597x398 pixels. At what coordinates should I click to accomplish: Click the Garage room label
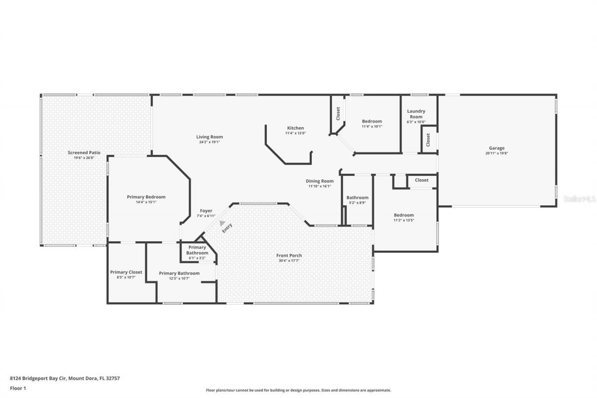pyautogui.click(x=496, y=148)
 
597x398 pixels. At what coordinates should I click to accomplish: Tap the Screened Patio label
pyautogui.click(x=84, y=153)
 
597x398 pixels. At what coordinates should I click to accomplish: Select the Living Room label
pyautogui.click(x=209, y=137)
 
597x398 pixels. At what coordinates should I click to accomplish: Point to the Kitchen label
pyautogui.click(x=295, y=128)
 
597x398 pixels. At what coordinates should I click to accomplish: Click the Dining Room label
pyautogui.click(x=319, y=181)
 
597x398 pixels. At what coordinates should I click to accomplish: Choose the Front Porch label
pyautogui.click(x=289, y=255)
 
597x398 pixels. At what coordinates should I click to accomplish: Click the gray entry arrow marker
pyautogui.click(x=222, y=223)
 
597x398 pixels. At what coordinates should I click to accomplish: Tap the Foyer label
pyautogui.click(x=206, y=211)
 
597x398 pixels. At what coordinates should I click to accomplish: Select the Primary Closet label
pyautogui.click(x=126, y=272)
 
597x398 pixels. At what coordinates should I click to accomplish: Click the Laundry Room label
pyautogui.click(x=416, y=114)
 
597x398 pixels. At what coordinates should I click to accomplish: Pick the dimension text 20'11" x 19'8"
pyautogui.click(x=496, y=154)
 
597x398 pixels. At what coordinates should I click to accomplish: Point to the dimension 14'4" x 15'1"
pyautogui.click(x=146, y=202)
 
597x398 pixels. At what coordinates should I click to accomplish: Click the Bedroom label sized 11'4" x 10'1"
pyautogui.click(x=372, y=121)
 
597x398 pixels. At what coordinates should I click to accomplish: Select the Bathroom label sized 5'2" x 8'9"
pyautogui.click(x=357, y=197)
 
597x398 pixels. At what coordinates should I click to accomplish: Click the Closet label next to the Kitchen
pyautogui.click(x=338, y=113)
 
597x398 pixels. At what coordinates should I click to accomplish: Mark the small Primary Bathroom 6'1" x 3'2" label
pyautogui.click(x=197, y=250)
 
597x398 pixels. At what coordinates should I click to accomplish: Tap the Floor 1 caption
pyautogui.click(x=18, y=388)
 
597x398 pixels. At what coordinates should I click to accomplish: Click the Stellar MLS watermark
pyautogui.click(x=579, y=199)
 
